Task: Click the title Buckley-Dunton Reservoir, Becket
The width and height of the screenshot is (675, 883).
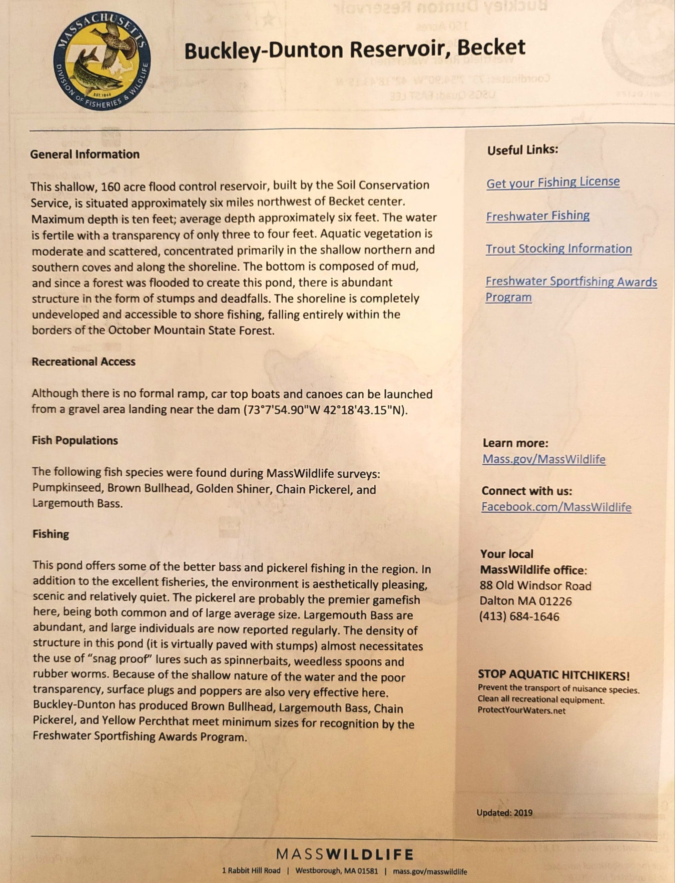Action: coord(354,49)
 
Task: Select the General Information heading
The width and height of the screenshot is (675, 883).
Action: coord(85,154)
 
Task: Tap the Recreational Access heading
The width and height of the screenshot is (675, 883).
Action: coord(83,362)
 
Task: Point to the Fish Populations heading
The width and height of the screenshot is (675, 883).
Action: coord(75,440)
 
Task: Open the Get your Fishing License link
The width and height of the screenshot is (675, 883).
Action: coord(553,182)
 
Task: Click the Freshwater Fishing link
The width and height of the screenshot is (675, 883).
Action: coord(537,216)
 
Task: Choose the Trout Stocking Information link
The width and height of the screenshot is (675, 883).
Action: coord(558,249)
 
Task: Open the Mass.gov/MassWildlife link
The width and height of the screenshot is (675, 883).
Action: coord(544,459)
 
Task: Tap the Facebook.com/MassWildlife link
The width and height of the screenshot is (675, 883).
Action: coord(556,507)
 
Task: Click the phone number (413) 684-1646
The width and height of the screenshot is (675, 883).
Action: coord(519,616)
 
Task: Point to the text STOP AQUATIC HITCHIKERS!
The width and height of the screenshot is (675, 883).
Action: coord(554,676)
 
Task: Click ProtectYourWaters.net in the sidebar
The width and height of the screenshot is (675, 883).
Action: coord(521,710)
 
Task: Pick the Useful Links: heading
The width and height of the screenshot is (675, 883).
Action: coord(523,150)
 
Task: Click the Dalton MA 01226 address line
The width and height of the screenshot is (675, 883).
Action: coord(525,601)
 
